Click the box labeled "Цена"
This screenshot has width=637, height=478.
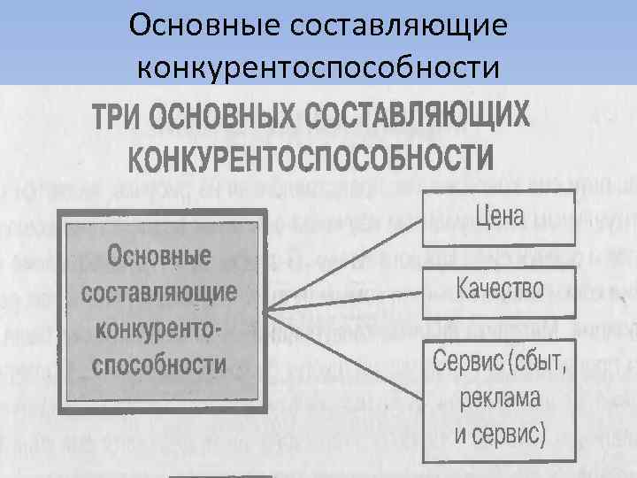[499, 216]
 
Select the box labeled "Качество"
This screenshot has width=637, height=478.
[499, 290]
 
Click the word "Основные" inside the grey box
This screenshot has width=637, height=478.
[159, 257]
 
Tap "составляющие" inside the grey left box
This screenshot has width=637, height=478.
[159, 292]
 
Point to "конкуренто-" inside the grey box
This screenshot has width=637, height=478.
[159, 328]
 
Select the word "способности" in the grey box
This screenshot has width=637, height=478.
[159, 364]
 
